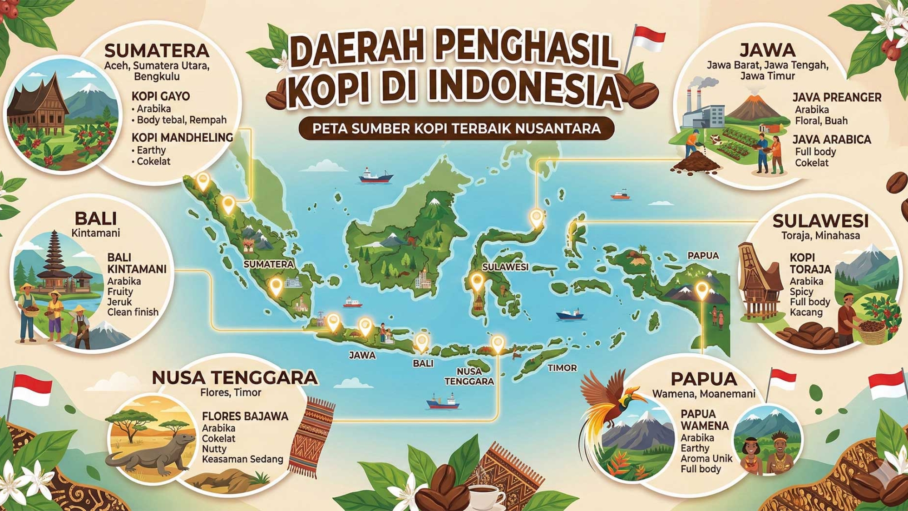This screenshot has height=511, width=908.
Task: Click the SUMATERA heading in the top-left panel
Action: (x=157, y=50)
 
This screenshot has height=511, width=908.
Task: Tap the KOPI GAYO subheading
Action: (x=161, y=96)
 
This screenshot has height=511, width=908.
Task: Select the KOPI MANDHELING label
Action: (x=182, y=137)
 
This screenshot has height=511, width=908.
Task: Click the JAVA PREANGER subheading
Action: (x=837, y=97)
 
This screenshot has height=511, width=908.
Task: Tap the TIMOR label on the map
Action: (x=562, y=368)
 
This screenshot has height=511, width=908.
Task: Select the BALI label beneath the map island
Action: (x=423, y=363)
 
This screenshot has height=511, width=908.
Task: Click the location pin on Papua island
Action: (x=702, y=289)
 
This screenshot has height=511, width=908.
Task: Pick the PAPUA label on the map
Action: (x=703, y=256)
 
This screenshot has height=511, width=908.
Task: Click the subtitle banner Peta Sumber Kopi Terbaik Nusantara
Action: (x=456, y=129)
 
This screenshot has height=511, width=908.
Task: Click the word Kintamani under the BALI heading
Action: (x=96, y=233)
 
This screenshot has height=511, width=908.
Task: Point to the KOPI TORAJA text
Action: (x=810, y=263)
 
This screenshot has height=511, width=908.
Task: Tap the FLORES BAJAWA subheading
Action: (x=245, y=416)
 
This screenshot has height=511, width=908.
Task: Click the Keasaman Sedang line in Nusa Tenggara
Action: (x=242, y=459)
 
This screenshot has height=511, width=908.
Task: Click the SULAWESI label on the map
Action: (x=505, y=267)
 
